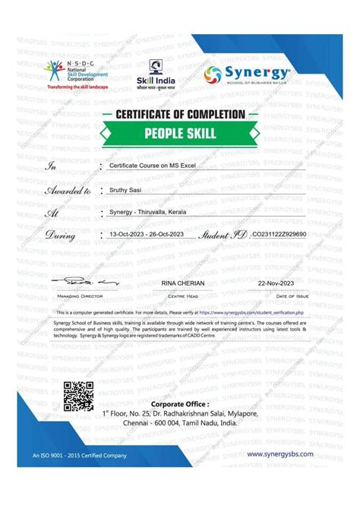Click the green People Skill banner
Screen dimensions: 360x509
click(x=180, y=133)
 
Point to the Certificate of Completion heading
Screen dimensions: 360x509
click(x=180, y=114)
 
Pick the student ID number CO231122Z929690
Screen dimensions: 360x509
click(x=279, y=236)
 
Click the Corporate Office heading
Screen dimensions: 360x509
click(x=179, y=403)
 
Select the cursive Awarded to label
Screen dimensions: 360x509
click(x=68, y=191)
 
